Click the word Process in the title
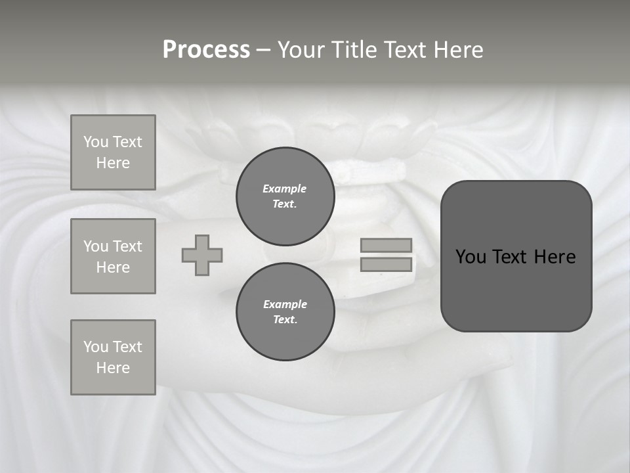[206, 50]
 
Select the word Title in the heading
[353, 50]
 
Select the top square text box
[113, 152]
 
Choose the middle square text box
[113, 256]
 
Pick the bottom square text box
[113, 357]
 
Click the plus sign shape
[202, 255]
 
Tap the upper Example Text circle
[285, 196]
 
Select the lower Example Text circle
[285, 312]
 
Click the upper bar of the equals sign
[387, 245]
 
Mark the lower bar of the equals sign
[387, 264]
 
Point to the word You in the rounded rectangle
[471, 257]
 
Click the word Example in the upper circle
[284, 189]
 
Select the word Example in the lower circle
[285, 304]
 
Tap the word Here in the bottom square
[113, 368]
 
